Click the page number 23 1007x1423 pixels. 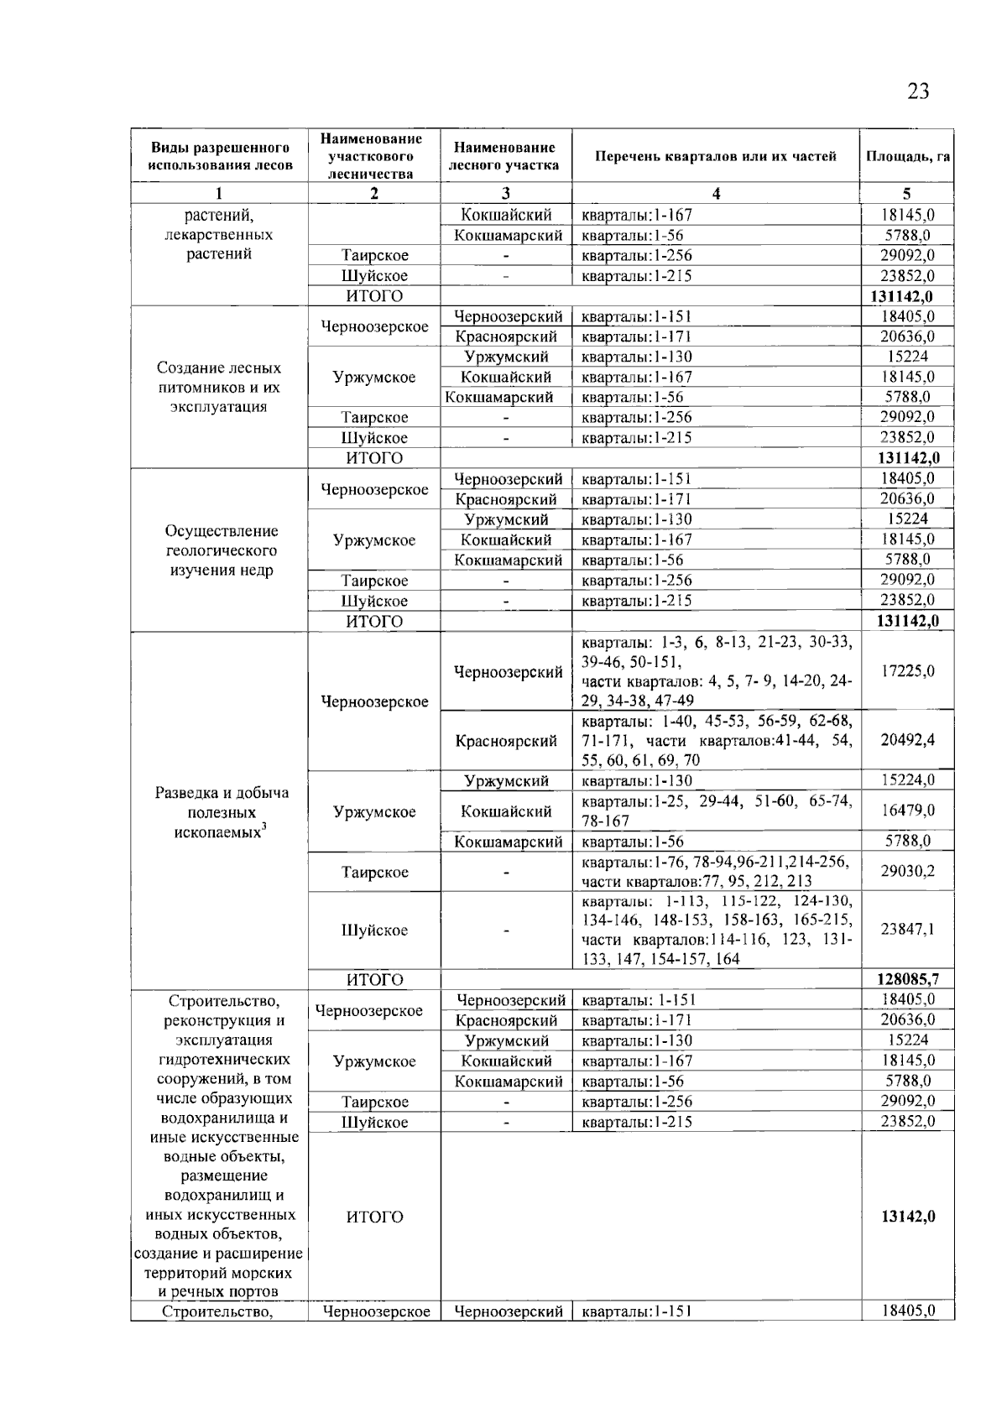tap(918, 91)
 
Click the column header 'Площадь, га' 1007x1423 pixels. tap(907, 156)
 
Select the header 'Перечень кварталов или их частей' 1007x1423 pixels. tap(716, 156)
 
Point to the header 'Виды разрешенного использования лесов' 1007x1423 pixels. tap(220, 156)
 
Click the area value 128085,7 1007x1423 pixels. tap(908, 978)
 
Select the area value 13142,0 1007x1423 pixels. tap(908, 1217)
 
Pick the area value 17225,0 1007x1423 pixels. tap(908, 671)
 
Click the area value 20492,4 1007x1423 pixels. tap(908, 740)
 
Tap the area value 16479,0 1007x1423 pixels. tap(908, 811)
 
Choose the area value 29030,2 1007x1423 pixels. tap(908, 872)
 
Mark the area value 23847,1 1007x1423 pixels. tap(908, 930)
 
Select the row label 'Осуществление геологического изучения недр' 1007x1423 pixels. tap(219, 550)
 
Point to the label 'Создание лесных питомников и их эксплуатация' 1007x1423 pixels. tap(219, 388)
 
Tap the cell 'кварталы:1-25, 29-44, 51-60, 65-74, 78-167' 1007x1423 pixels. tap(716, 811)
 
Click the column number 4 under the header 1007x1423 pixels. tap(716, 194)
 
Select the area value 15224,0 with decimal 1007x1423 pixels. tap(908, 780)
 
